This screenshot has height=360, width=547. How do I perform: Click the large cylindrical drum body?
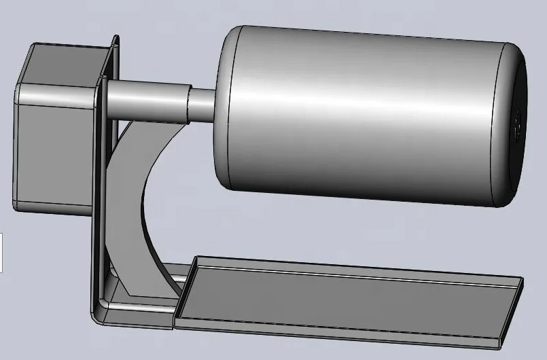pos(367,115)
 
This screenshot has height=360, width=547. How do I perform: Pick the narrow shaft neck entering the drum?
pos(201,103)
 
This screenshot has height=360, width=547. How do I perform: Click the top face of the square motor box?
pos(65,65)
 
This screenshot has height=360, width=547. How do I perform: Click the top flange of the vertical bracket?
pos(113,54)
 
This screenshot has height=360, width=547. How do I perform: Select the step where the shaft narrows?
pos(188,103)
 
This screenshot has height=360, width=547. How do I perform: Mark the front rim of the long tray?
pos(340,325)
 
